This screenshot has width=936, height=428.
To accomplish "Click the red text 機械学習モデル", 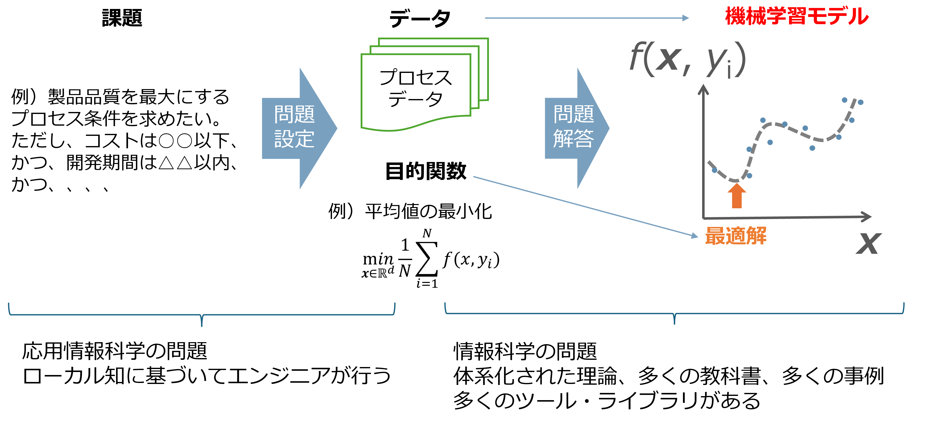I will [x=797, y=17].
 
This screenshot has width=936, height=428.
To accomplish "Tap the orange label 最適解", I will [x=736, y=236].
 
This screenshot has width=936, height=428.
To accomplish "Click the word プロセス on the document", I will [x=416, y=77].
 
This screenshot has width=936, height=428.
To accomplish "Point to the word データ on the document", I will [x=416, y=99].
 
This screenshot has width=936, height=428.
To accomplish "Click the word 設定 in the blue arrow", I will [x=294, y=139].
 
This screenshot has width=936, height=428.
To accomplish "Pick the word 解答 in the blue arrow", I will [x=573, y=139].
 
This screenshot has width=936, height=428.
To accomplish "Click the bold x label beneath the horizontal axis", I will [x=869, y=243].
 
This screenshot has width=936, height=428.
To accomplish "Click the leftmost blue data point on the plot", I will [x=714, y=170].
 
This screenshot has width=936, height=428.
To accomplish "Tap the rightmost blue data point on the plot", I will [x=861, y=102].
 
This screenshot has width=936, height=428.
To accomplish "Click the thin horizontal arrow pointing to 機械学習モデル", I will [x=587, y=18].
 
